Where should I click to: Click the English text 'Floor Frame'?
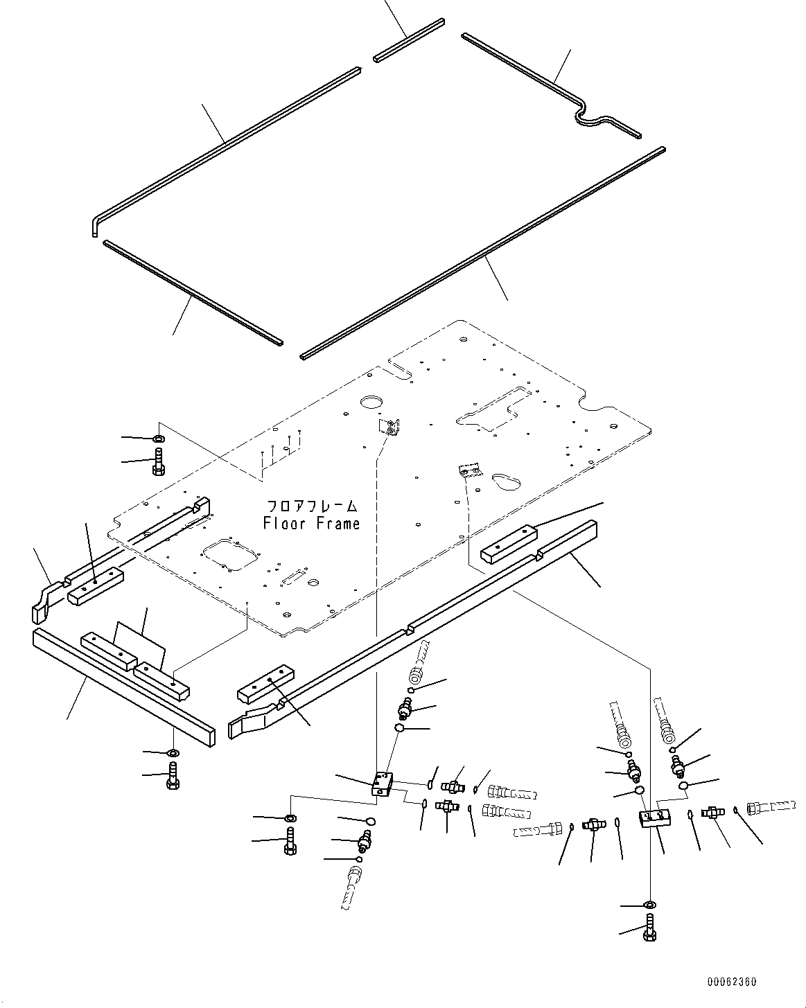[311, 524]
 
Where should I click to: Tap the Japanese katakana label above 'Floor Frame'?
[312, 506]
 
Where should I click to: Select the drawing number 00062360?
[732, 982]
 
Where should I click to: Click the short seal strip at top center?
[408, 43]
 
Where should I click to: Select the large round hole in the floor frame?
[370, 403]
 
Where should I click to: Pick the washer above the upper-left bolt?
[159, 439]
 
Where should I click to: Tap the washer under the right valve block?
[649, 905]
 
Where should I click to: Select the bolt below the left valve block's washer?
[290, 841]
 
